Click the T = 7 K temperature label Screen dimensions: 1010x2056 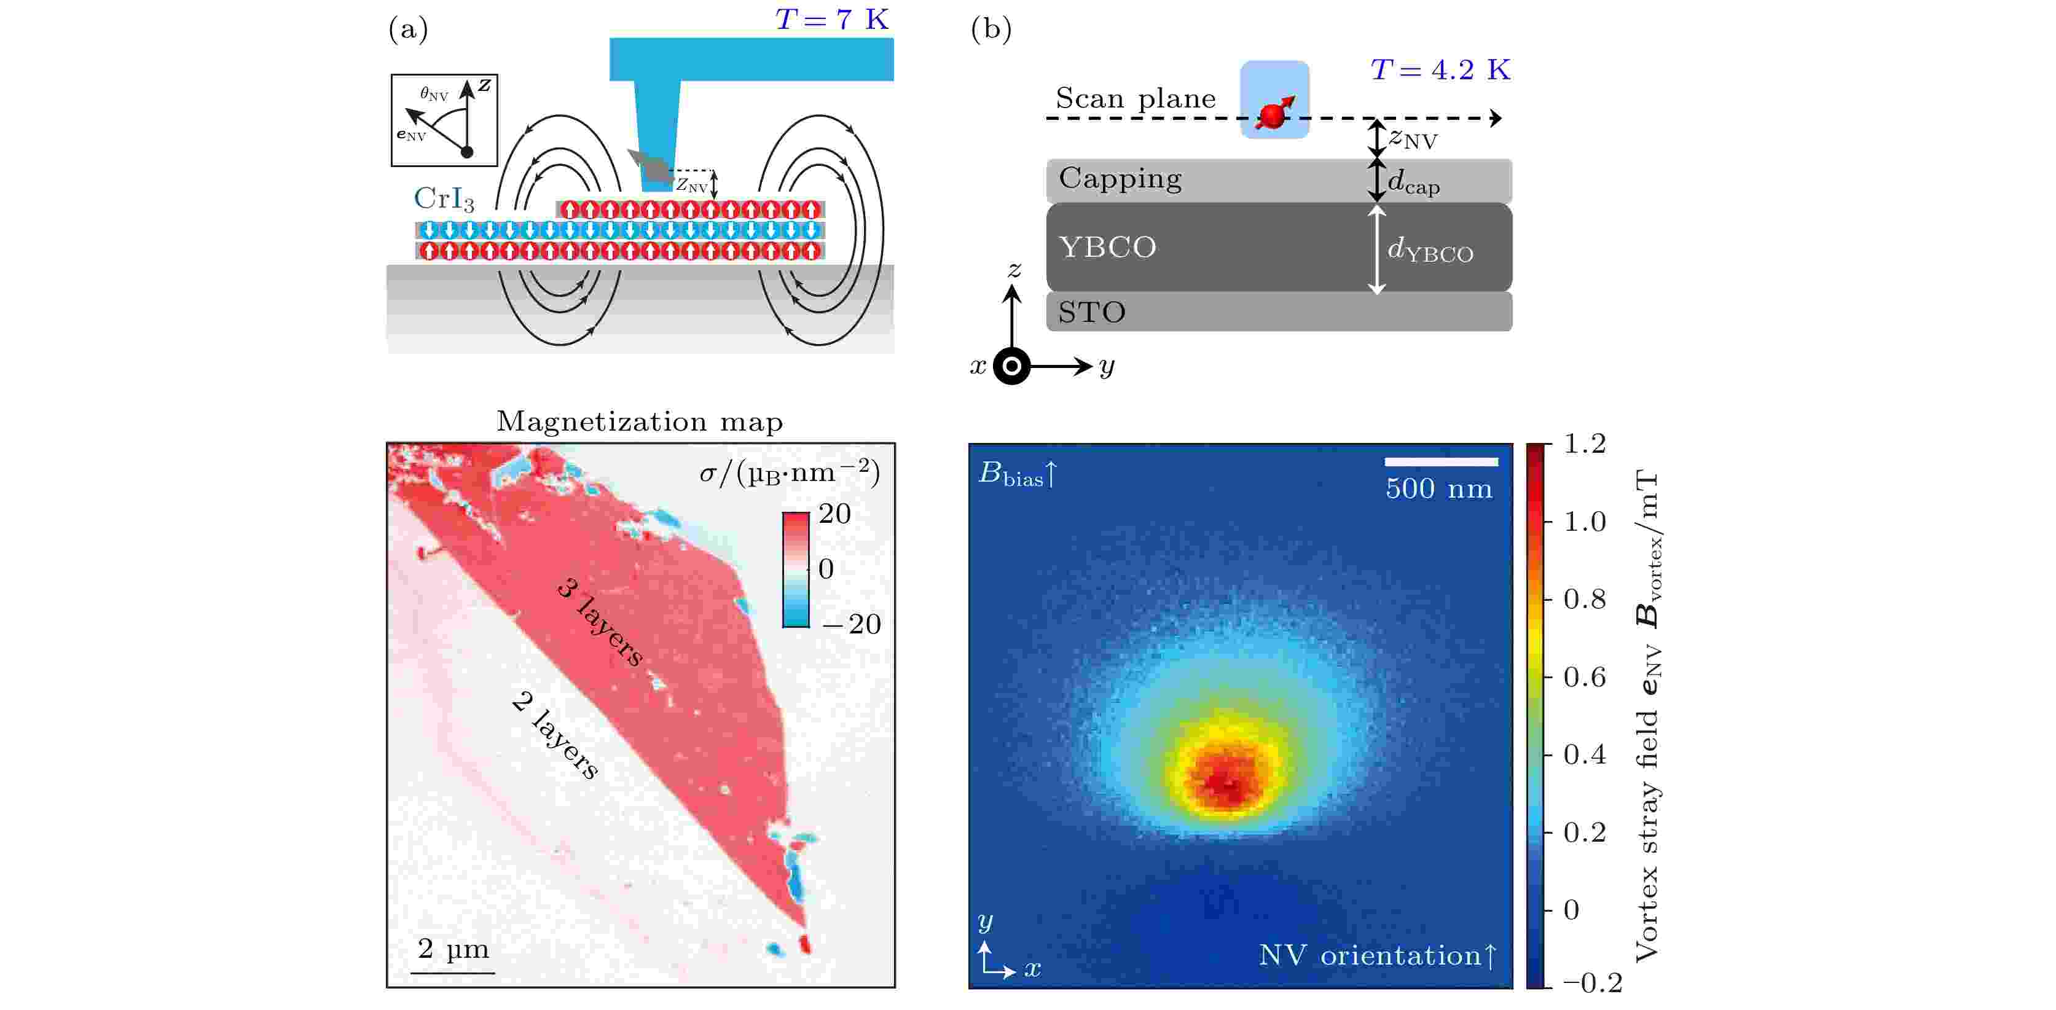point(831,18)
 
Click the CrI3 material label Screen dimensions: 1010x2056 point(444,198)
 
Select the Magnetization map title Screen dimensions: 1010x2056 point(639,421)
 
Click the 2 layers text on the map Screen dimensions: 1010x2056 point(555,735)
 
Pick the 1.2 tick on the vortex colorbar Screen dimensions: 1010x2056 point(1583,444)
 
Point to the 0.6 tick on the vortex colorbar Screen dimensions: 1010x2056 point(1583,677)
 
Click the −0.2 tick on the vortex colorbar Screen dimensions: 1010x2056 point(1591,983)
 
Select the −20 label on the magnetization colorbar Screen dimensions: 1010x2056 point(852,624)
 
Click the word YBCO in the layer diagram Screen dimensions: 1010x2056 point(1107,248)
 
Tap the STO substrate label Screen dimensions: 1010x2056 point(1091,312)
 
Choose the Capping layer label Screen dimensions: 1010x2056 point(1120,178)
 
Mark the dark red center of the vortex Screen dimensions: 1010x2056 point(1223,783)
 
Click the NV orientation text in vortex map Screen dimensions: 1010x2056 point(1377,955)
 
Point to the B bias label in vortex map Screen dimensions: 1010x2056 point(1017,474)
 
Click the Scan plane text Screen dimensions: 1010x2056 point(1135,98)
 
